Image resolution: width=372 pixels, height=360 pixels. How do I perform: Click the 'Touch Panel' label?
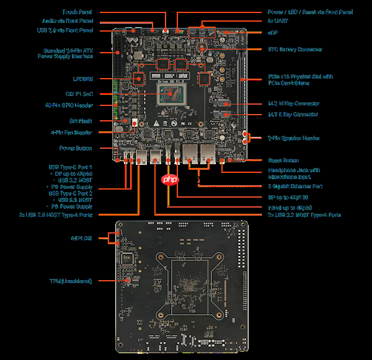coord(78,12)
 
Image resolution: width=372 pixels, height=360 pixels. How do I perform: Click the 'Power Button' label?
coord(76,148)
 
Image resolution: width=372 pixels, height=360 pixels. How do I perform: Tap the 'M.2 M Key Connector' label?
coord(293,103)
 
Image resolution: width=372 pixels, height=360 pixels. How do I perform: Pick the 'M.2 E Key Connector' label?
coord(293,115)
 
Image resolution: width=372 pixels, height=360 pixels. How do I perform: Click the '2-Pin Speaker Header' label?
coord(293,138)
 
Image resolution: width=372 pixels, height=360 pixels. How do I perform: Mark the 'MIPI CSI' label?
coord(82,237)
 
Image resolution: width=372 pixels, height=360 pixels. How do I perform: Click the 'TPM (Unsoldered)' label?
coord(71,281)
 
